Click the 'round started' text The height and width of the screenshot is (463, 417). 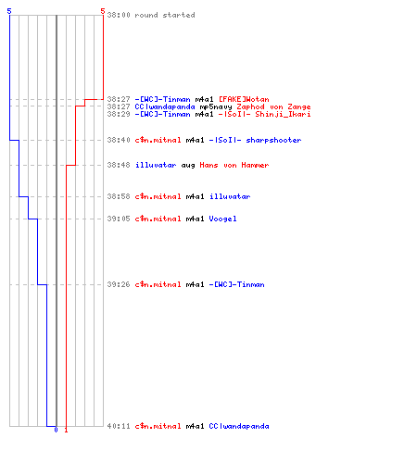tap(165, 15)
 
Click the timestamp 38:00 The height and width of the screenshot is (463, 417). tap(119, 15)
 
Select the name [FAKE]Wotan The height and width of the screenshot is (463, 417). tap(244, 99)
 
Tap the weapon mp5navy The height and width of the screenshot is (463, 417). tap(216, 107)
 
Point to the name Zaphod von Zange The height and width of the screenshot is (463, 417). tap(273, 106)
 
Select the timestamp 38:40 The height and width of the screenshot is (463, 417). tap(119, 140)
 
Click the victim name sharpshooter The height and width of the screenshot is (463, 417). tap(273, 140)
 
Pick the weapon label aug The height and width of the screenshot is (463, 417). tap(188, 166)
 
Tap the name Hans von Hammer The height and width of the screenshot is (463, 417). tap(234, 165)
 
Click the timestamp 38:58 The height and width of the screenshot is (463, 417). tap(119, 196)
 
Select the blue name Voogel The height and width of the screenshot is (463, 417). tap(222, 219)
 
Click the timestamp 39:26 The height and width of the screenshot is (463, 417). tap(119, 284)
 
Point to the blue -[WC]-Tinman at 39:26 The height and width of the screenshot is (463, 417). tap(236, 284)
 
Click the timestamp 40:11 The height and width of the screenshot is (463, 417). tap(119, 426)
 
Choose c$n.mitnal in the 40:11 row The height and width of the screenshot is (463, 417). tap(158, 426)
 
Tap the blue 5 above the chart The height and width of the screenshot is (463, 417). tap(9, 11)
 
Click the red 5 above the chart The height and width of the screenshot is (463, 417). tap(103, 11)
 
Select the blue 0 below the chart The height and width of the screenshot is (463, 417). tap(56, 430)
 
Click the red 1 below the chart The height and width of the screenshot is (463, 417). tap(66, 430)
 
